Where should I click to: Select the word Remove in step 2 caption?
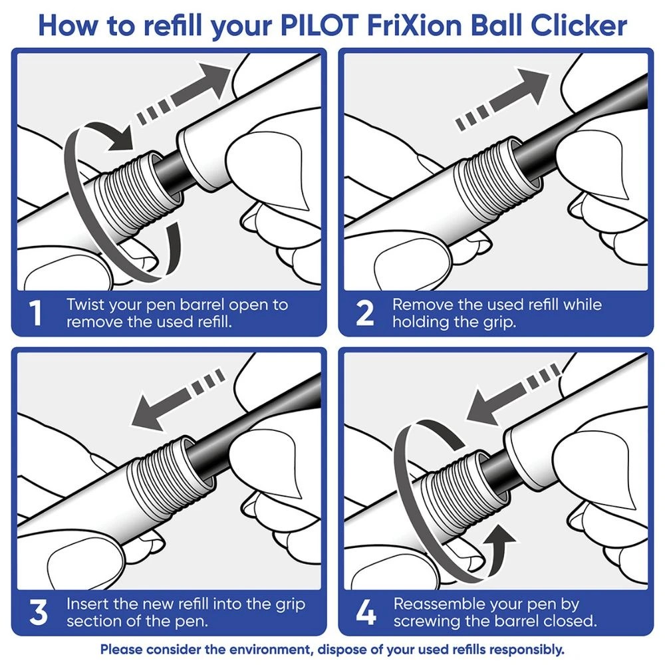click(x=420, y=305)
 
